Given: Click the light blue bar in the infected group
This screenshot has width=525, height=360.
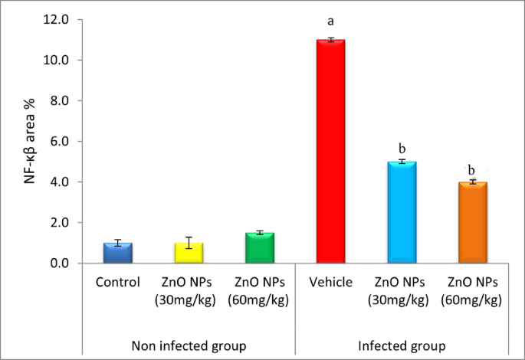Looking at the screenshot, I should click(401, 212).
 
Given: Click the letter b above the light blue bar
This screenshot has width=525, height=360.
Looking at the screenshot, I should click(401, 146).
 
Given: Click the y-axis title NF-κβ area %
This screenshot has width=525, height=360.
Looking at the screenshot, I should click(30, 142).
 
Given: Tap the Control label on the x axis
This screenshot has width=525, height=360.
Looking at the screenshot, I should click(117, 282).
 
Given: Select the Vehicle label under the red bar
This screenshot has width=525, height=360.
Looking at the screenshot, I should click(330, 282).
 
